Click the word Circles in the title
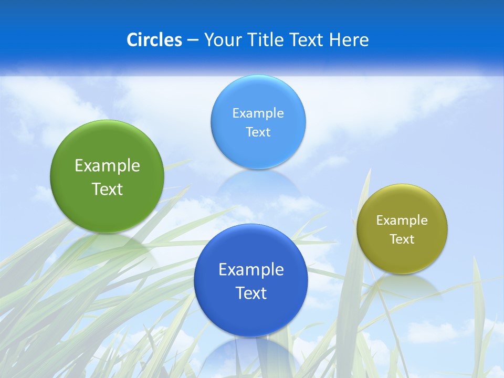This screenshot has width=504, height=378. click(x=154, y=40)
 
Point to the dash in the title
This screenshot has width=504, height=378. click(x=193, y=40)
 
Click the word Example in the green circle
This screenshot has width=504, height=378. click(x=107, y=166)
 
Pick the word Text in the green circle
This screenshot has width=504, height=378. click(x=107, y=189)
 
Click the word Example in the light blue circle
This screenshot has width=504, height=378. click(x=258, y=113)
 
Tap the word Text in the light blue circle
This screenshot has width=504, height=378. click(x=258, y=132)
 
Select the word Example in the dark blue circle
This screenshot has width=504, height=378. click(x=251, y=270)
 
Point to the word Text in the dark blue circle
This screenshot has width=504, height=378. click(x=251, y=293)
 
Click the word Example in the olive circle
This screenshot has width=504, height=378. click(x=402, y=220)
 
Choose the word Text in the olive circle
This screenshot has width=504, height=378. click(x=402, y=239)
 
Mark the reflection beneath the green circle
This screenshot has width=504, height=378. click(x=107, y=244)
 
